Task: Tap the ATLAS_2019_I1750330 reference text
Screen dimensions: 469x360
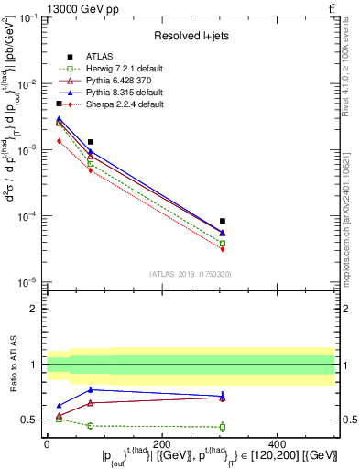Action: (190, 273)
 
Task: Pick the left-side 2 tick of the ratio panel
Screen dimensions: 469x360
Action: (36, 309)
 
